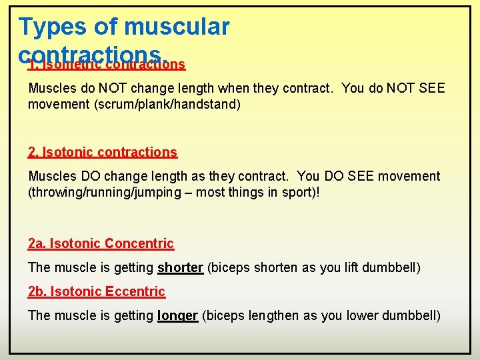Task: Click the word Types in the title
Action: [51, 27]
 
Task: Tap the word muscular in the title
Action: [177, 27]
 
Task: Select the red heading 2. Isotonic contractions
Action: [103, 152]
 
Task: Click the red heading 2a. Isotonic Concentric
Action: [101, 243]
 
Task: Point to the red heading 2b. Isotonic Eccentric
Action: [97, 291]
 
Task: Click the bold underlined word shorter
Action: [180, 267]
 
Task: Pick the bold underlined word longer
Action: [177, 315]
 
